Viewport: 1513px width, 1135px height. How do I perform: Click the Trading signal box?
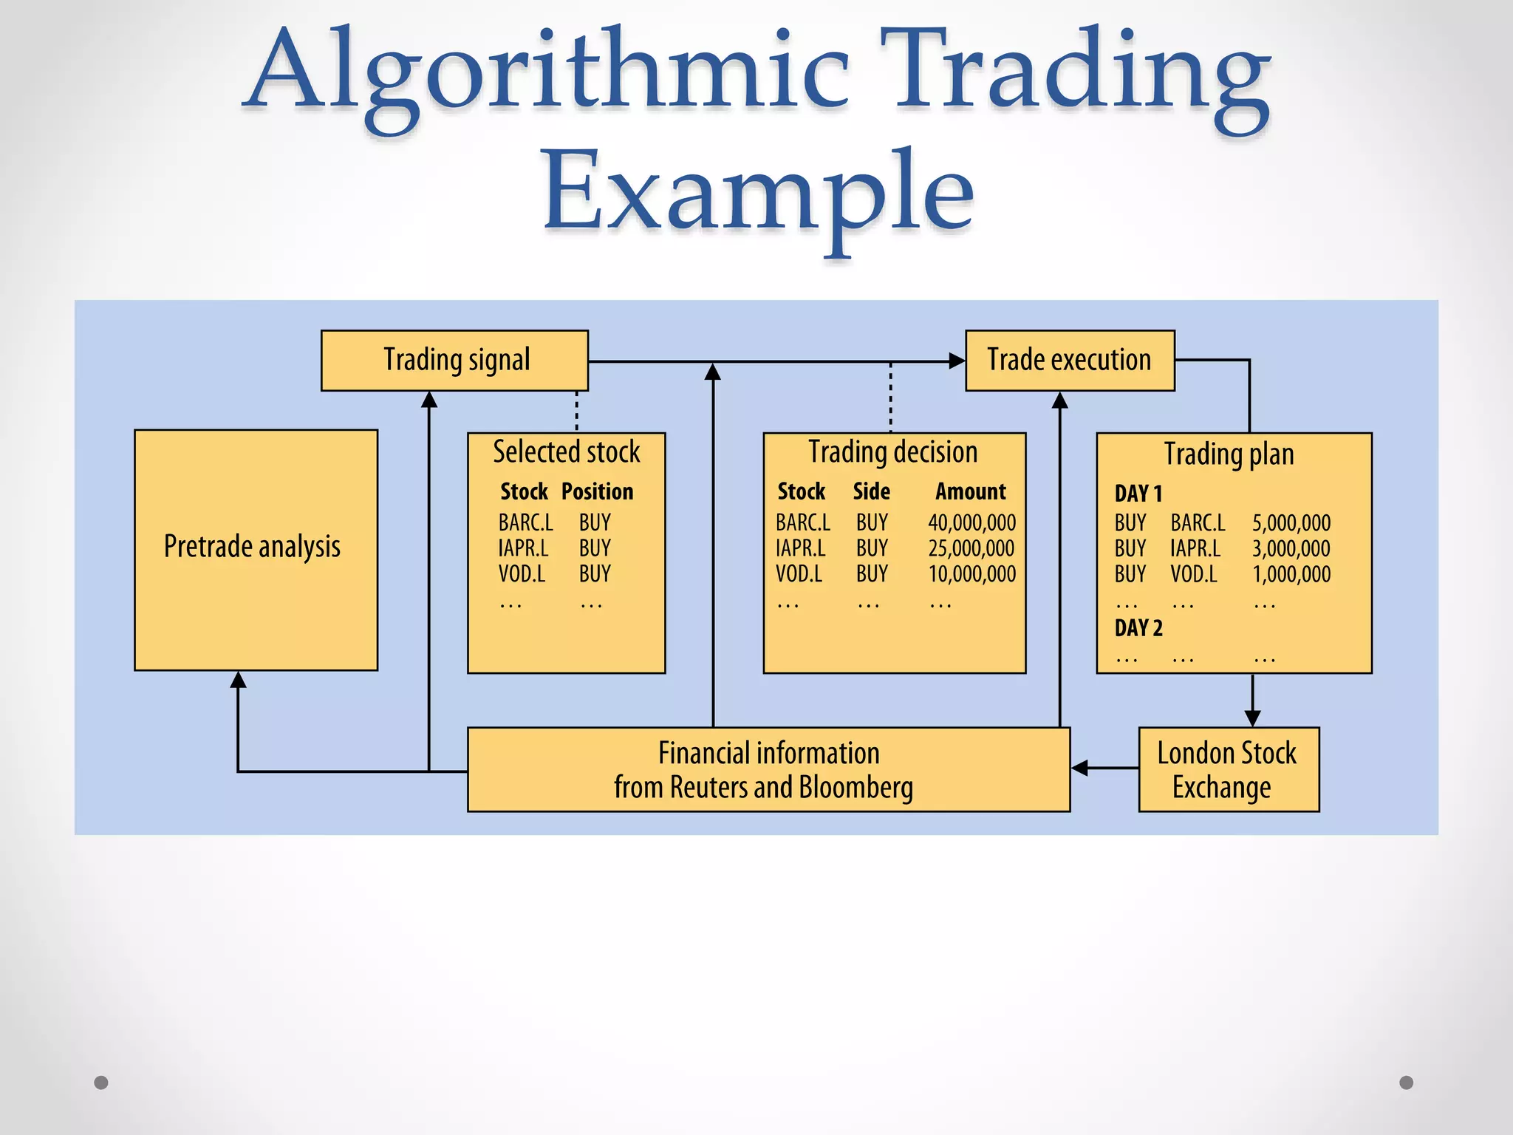[x=454, y=361]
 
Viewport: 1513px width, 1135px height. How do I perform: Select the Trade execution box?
[x=1069, y=361]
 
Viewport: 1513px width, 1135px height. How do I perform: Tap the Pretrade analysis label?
[x=252, y=547]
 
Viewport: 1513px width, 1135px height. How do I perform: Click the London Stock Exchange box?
[x=1228, y=769]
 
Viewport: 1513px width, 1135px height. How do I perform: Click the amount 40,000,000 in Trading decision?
[x=971, y=523]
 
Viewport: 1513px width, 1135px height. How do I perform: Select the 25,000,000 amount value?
[x=971, y=548]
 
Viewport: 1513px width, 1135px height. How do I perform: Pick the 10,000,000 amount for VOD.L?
[x=971, y=574]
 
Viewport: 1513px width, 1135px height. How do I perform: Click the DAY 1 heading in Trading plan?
[x=1138, y=494]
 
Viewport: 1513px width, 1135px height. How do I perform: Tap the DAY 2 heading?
[x=1138, y=628]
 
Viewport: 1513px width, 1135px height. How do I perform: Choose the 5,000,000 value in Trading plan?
[x=1291, y=523]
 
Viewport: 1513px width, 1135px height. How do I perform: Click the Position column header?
[x=597, y=492]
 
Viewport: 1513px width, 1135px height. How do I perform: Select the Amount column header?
[x=970, y=492]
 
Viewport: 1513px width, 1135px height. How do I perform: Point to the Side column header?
[x=871, y=492]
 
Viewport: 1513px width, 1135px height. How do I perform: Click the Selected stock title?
[x=566, y=452]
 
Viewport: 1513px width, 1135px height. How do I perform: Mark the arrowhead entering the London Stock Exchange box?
[x=1252, y=718]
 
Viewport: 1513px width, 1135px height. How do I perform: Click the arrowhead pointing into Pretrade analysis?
[x=238, y=680]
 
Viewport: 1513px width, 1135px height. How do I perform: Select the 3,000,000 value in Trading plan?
[x=1291, y=548]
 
